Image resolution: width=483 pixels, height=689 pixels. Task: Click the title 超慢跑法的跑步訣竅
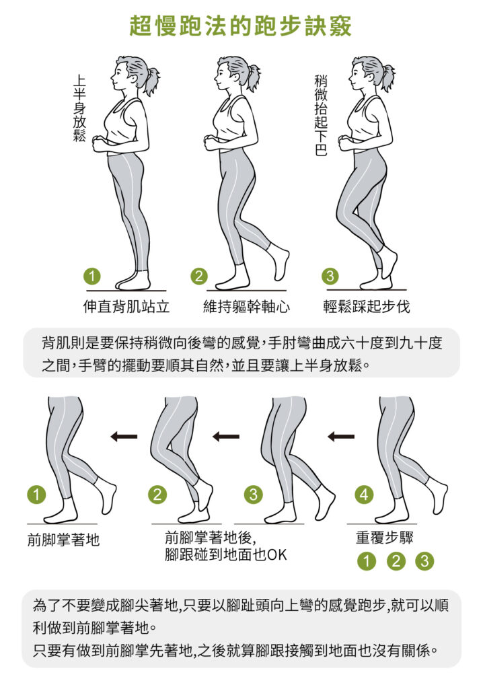click(x=241, y=26)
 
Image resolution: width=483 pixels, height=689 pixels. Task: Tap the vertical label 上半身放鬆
click(x=79, y=108)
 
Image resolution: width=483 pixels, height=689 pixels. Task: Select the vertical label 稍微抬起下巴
click(x=321, y=116)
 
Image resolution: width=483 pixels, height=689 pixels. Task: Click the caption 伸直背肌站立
click(x=126, y=306)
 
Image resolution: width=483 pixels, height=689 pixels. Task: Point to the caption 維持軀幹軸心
click(x=247, y=306)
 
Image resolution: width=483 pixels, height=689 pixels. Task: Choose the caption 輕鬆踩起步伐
click(x=367, y=306)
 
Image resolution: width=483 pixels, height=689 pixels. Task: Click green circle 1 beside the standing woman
click(x=92, y=276)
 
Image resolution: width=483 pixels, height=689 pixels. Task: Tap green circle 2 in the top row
click(x=199, y=276)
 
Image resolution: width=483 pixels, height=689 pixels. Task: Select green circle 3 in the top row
click(x=330, y=276)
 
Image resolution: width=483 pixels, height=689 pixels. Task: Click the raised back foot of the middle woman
click(x=279, y=262)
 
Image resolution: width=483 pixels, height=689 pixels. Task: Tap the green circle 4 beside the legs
click(x=364, y=495)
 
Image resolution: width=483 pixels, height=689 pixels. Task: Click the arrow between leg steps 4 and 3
click(x=341, y=436)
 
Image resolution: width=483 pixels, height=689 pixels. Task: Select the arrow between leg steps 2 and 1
click(x=124, y=436)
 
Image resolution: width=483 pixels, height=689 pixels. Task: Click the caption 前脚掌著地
click(x=63, y=540)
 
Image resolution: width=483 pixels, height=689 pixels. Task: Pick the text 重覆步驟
click(x=385, y=537)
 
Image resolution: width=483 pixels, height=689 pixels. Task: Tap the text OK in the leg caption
click(x=277, y=555)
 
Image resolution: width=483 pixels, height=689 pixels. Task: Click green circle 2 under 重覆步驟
click(x=396, y=561)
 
